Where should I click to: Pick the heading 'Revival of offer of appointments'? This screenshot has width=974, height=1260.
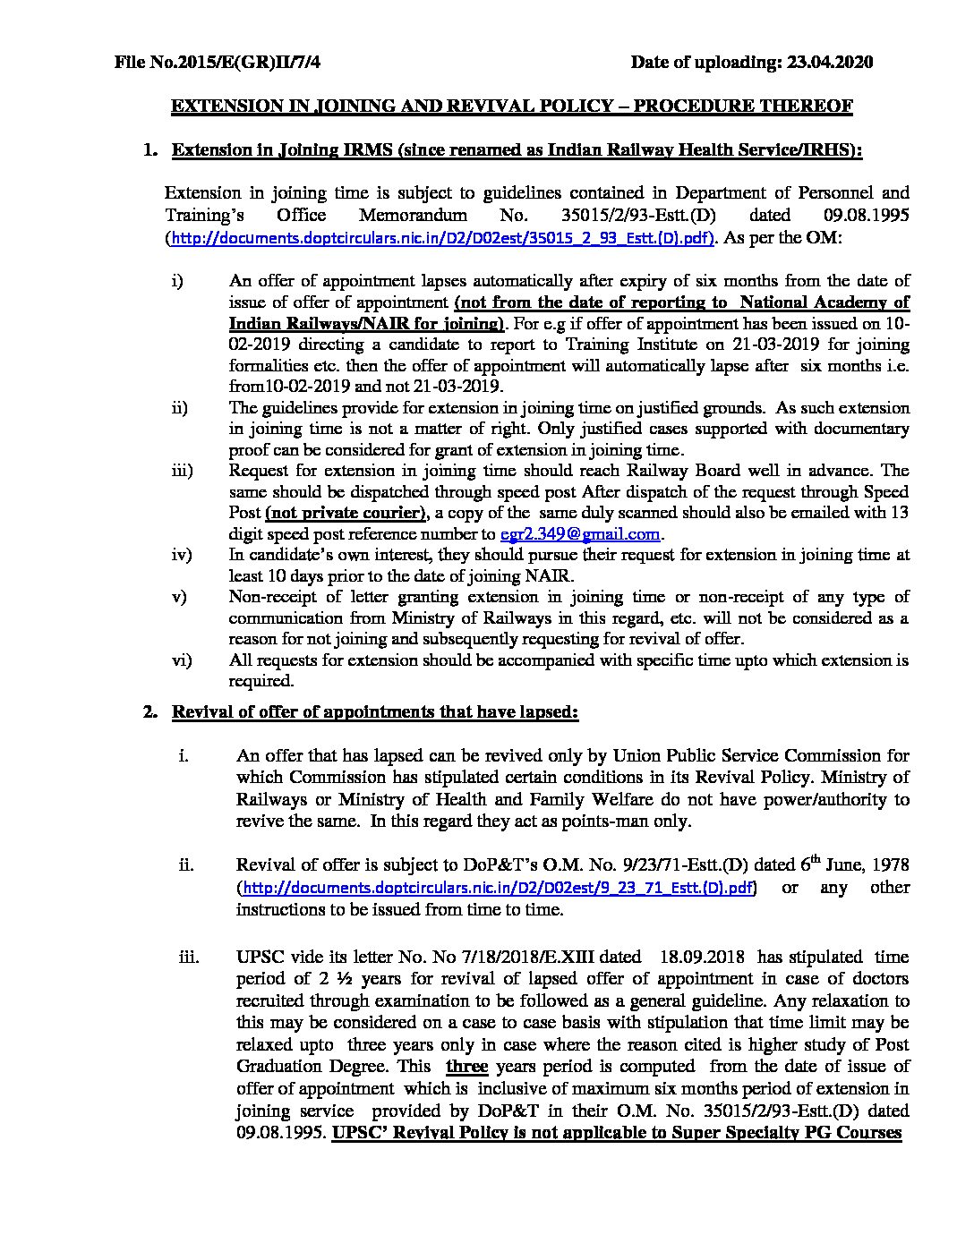(374, 712)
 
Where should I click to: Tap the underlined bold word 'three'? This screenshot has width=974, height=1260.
(466, 1066)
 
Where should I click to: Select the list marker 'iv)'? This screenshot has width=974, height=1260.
(182, 555)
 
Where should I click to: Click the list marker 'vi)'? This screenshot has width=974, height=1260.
(182, 660)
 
